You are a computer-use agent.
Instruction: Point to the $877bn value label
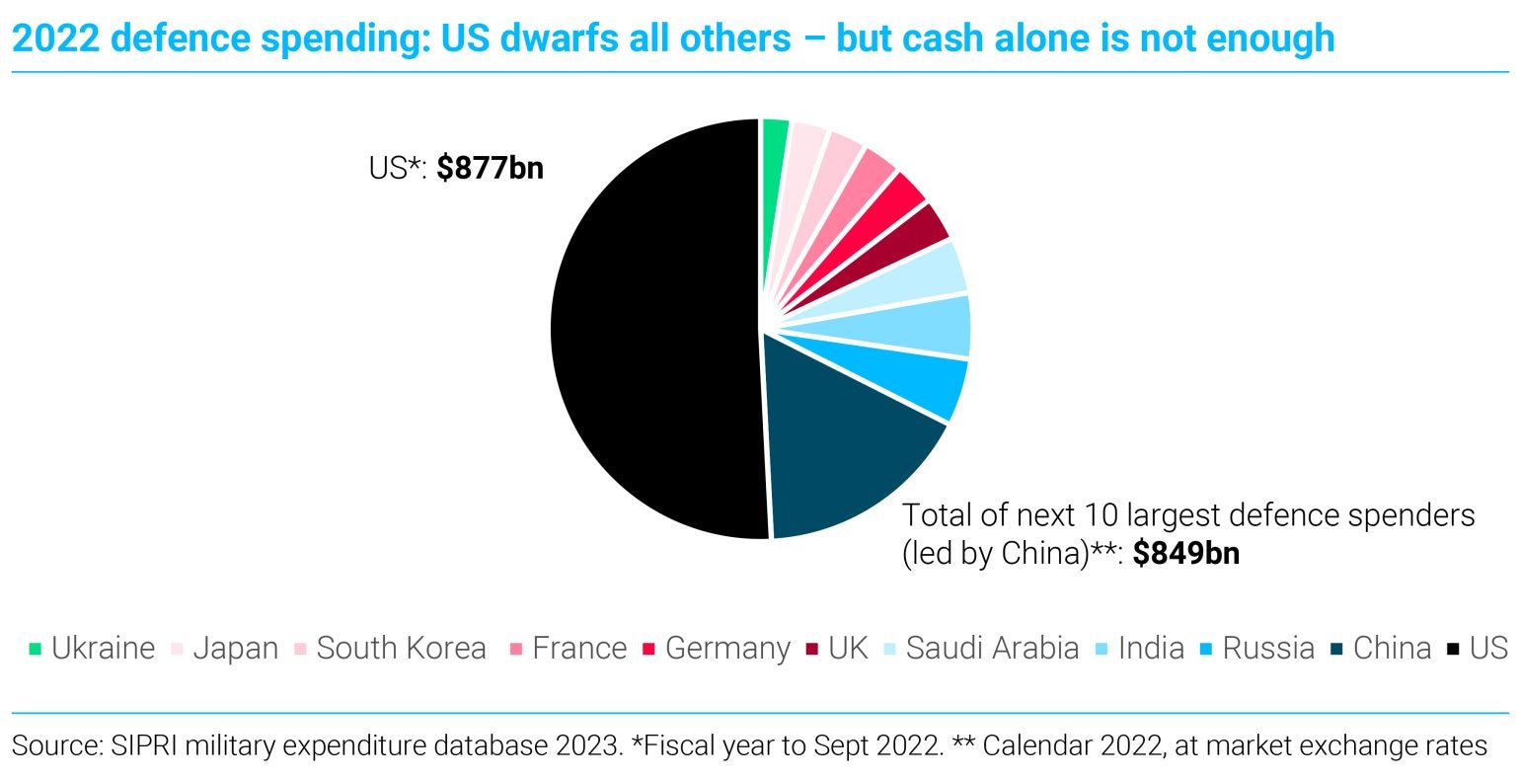click(x=490, y=168)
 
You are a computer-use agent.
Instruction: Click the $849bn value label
click(x=1185, y=553)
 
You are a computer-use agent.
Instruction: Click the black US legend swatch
click(x=1453, y=650)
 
